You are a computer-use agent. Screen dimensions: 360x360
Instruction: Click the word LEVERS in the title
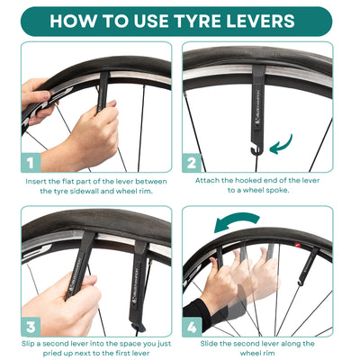[x=274, y=21]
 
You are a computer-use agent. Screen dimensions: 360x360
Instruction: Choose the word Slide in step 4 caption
[x=211, y=344]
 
